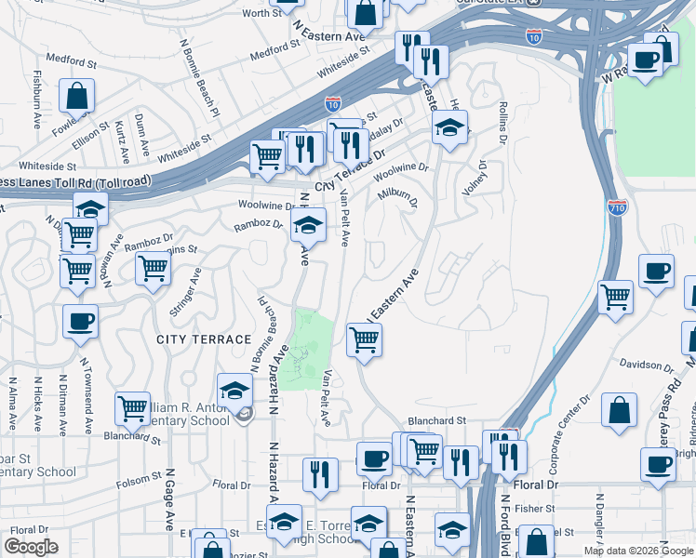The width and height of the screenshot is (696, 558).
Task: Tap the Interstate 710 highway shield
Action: (x=617, y=207)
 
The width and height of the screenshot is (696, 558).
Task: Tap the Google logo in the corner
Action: (x=31, y=546)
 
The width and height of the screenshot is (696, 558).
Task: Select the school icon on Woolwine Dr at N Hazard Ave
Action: (x=308, y=223)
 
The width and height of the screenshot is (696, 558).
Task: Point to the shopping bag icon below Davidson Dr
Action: (x=619, y=410)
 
